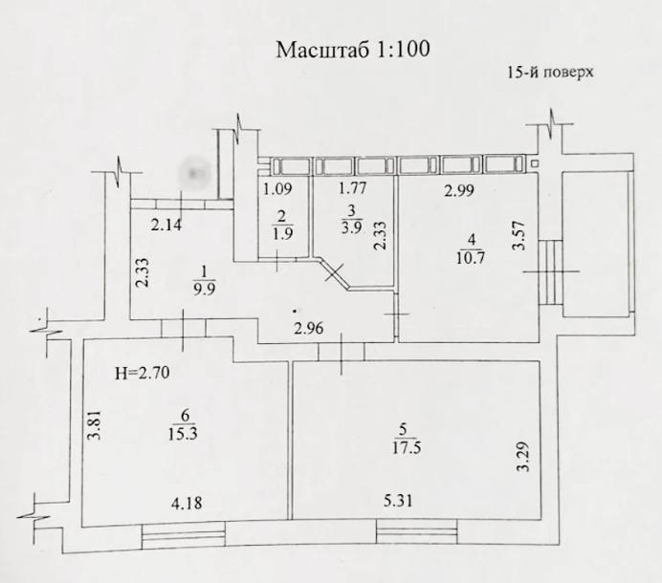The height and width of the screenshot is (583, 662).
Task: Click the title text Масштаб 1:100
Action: (x=352, y=50)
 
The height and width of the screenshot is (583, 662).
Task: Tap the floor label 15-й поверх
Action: (x=551, y=73)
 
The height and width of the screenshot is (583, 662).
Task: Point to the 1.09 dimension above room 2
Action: (x=277, y=189)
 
